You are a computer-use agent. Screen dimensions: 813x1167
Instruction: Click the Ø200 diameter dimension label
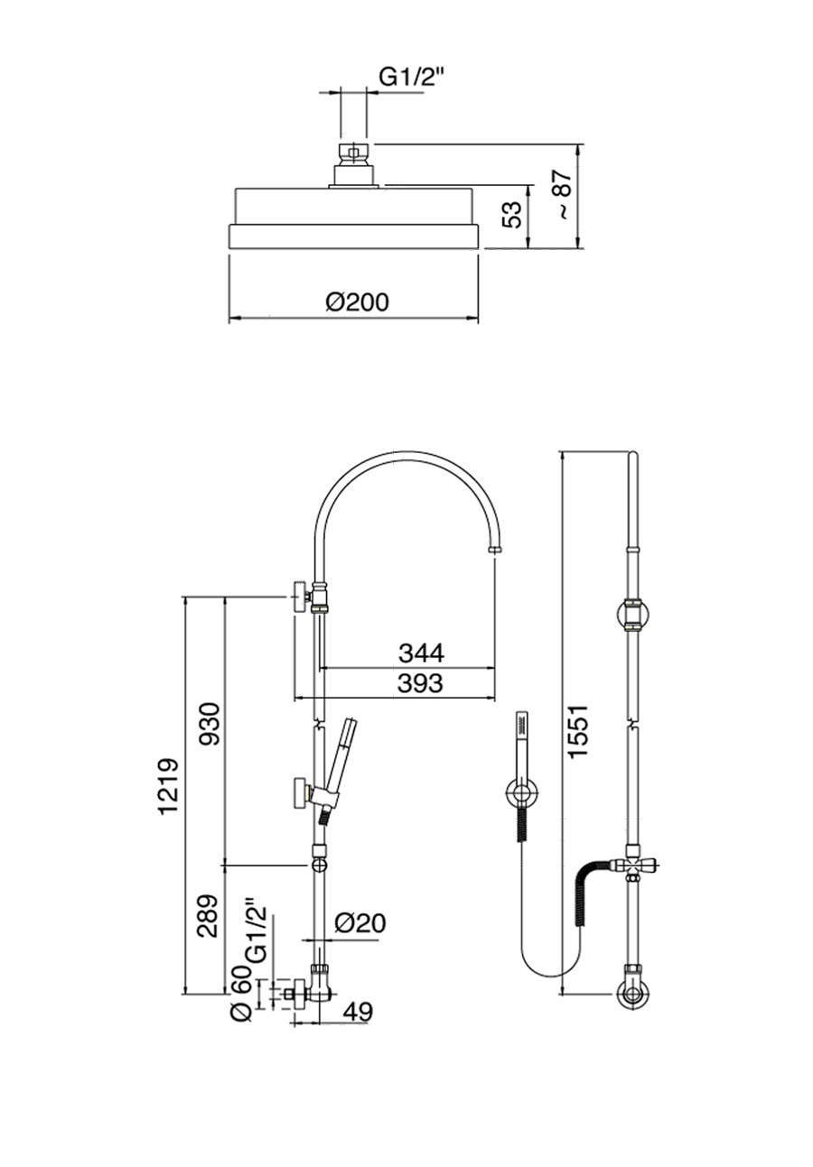(357, 301)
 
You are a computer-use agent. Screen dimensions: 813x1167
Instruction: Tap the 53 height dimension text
(512, 214)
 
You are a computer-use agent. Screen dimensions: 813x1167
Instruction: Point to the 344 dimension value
(421, 653)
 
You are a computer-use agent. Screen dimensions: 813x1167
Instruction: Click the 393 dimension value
(420, 683)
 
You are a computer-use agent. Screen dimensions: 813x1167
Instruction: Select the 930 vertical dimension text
(210, 724)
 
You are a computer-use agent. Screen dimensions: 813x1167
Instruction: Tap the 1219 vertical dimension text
(168, 787)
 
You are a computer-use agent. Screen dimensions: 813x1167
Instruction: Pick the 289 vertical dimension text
(208, 915)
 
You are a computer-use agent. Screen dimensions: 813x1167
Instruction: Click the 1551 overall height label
(578, 732)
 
